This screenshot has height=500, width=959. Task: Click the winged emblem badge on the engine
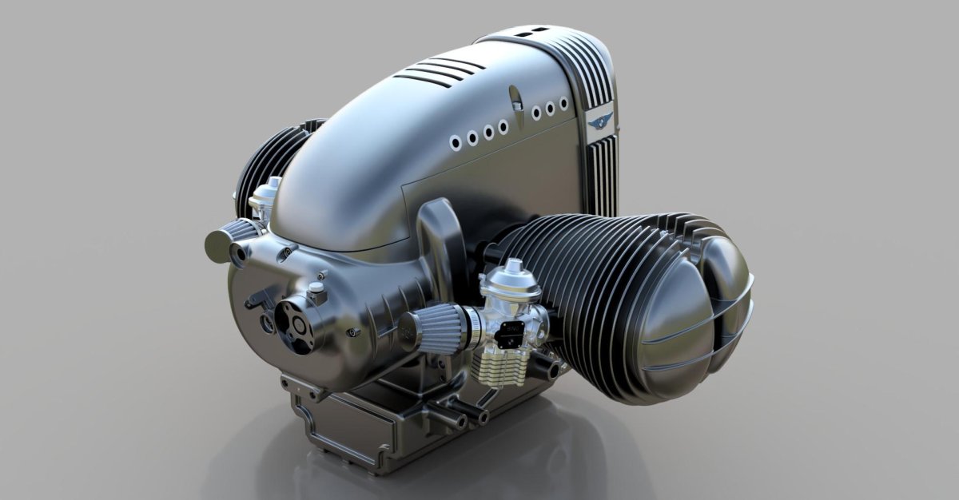pos(599,121)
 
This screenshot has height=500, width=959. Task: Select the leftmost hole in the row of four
pos(456,141)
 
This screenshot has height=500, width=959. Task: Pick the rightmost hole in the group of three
pos(563,104)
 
